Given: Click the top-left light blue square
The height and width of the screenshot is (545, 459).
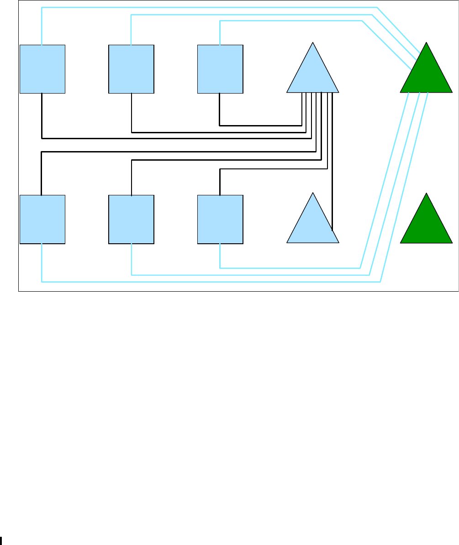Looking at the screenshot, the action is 42,69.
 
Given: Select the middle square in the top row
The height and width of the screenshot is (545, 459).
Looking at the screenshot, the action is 131,69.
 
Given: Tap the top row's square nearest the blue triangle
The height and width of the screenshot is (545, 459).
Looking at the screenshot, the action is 220,69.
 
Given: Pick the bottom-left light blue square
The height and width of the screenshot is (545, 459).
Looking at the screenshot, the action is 42,219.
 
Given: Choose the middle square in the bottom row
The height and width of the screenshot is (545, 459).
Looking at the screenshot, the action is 131,219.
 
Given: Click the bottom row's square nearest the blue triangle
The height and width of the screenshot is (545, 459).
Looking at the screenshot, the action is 220,219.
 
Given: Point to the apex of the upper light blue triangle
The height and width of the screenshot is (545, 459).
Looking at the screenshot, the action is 313,43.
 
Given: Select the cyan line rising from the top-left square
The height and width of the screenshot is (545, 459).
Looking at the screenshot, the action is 42,25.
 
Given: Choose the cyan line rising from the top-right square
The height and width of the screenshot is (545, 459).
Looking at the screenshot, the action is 220,32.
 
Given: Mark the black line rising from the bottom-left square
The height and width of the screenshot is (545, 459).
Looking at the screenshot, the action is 42,173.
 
